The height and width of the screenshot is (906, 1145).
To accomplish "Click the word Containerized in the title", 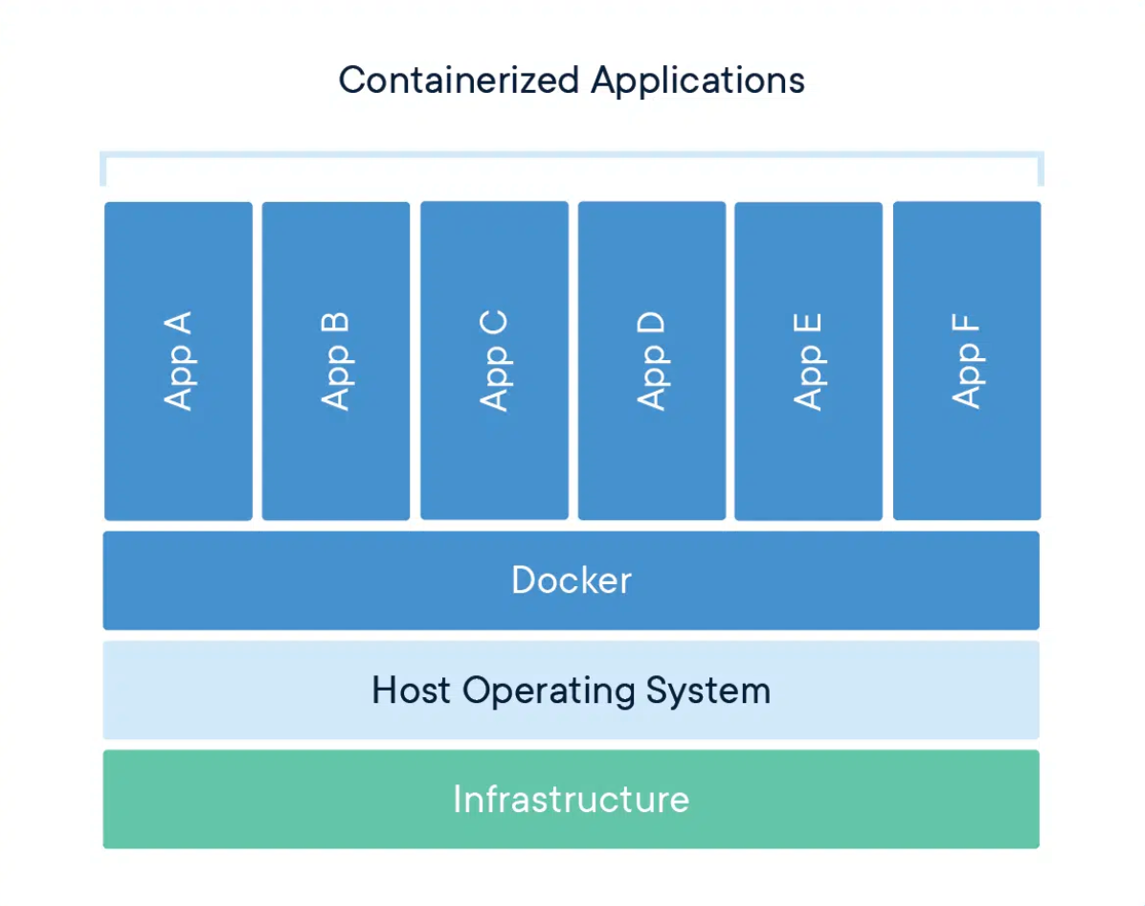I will click(x=460, y=79).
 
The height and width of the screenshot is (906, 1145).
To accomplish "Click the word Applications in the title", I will click(x=697, y=79).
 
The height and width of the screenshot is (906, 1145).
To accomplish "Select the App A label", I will click(x=178, y=361).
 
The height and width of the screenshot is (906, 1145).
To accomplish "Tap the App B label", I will click(x=336, y=361).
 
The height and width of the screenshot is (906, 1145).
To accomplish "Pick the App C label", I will click(x=494, y=361).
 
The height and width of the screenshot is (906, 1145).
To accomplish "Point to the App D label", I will click(x=652, y=361).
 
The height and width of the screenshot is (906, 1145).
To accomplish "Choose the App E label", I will click(x=809, y=361).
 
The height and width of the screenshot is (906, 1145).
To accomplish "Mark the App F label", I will click(x=967, y=361).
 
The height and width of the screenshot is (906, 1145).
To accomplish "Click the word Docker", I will click(x=572, y=580).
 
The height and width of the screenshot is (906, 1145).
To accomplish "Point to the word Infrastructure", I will click(x=572, y=799).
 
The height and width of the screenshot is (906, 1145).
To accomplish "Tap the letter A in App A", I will click(x=178, y=323).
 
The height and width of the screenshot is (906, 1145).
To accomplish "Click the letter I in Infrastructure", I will click(x=458, y=799).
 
